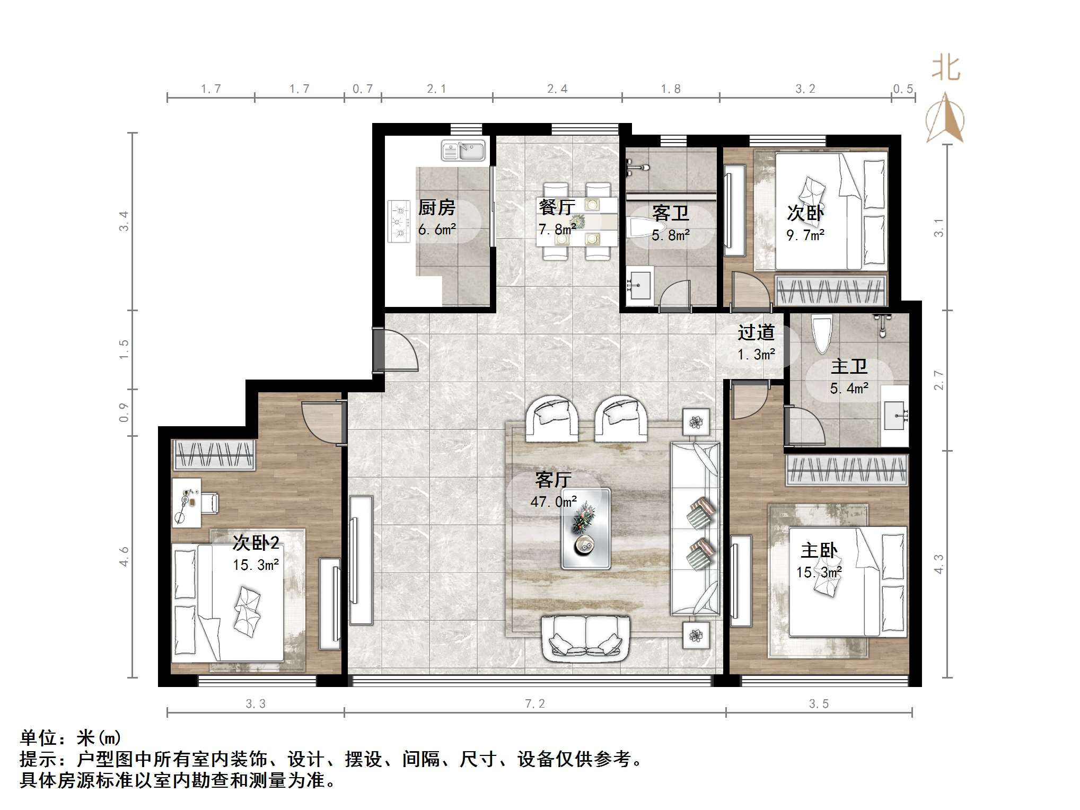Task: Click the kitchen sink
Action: pos(463,151)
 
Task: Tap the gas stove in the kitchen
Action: pos(399,221)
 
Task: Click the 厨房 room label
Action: pos(436,207)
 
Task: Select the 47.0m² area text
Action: pos(554,501)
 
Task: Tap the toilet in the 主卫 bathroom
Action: pos(822,334)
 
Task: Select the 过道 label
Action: pos(756,332)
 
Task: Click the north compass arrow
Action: pos(945,118)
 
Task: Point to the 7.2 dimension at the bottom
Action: pos(535,704)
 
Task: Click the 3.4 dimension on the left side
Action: pos(124,221)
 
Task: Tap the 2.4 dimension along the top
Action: pos(557,89)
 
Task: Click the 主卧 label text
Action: pos(819,551)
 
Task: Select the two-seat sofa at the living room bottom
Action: pos(586,639)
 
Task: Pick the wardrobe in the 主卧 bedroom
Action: pos(846,470)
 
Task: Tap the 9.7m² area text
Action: pos(805,235)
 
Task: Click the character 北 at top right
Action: pos(946,69)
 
